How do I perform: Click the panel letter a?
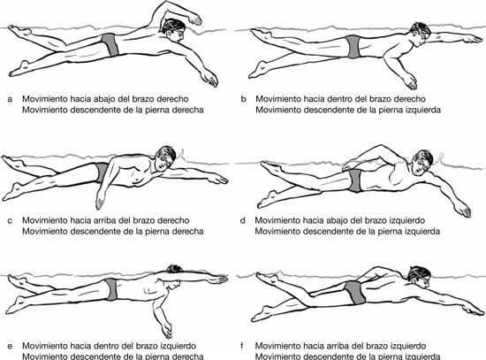(x=11, y=99)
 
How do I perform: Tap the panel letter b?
(x=244, y=99)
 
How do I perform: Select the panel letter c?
(x=11, y=221)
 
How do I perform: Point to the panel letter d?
(x=243, y=220)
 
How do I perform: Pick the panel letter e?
(x=11, y=346)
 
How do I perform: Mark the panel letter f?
(x=242, y=346)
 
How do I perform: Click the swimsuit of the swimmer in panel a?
(x=111, y=44)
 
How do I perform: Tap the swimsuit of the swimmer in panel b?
(x=353, y=47)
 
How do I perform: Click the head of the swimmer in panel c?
(x=164, y=158)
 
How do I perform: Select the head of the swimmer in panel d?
(x=421, y=163)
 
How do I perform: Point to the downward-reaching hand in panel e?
(x=167, y=330)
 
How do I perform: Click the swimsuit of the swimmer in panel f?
(x=355, y=292)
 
